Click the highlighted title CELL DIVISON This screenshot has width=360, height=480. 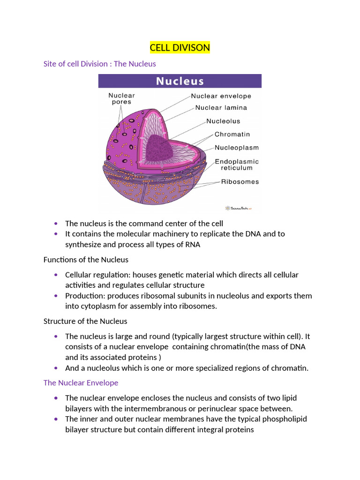click(x=180, y=48)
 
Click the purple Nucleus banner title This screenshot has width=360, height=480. click(x=180, y=81)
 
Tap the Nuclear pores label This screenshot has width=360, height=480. click(x=121, y=98)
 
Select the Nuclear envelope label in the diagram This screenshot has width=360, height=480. click(x=221, y=96)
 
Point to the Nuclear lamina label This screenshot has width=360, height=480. click(x=221, y=107)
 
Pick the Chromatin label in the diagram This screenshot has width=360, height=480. click(x=232, y=134)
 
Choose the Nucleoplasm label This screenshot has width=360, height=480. click(x=236, y=148)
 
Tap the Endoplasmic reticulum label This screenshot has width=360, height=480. click(x=236, y=165)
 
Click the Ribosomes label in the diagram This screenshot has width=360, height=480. click(x=240, y=182)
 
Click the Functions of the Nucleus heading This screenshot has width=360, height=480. click(x=86, y=259)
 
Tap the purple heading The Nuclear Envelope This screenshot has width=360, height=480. click(x=81, y=383)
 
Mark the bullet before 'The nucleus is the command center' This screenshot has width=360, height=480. click(x=56, y=224)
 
